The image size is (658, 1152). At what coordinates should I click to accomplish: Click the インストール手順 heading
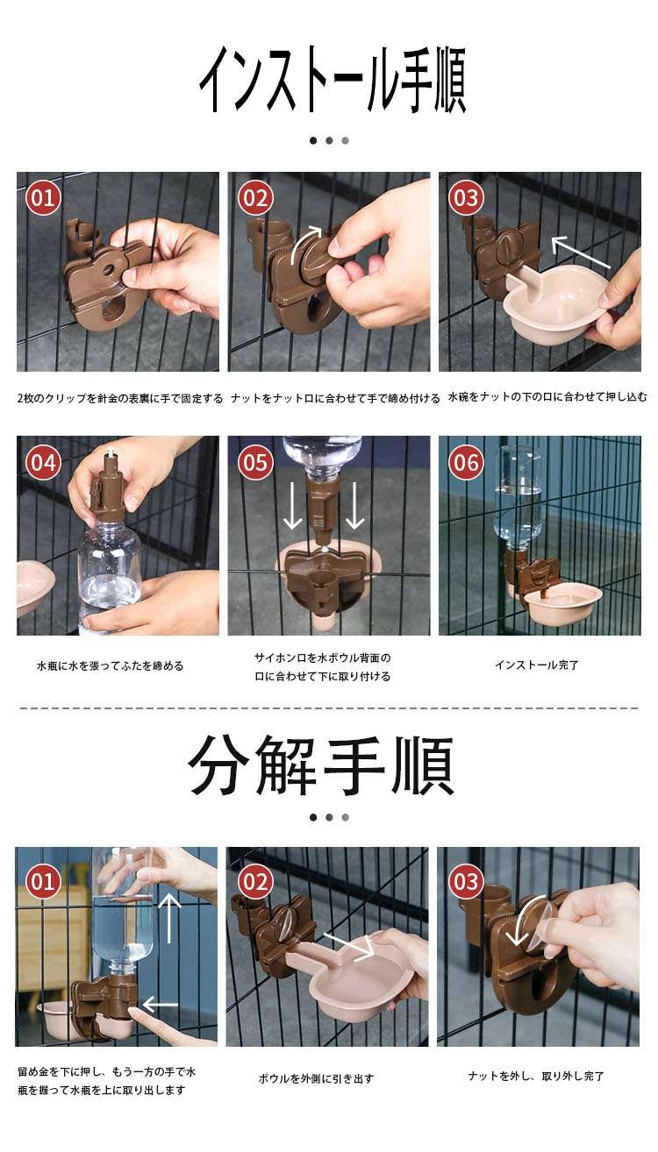(333, 80)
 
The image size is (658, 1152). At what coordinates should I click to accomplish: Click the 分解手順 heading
(321, 764)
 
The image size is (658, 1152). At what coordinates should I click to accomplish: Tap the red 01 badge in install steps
(43, 197)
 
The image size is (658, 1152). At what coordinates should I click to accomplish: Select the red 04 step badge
(43, 462)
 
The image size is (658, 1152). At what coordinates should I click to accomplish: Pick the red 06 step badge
(466, 462)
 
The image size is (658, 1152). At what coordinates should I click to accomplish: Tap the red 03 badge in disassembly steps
(466, 881)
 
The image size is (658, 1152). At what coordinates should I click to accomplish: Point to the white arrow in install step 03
(580, 252)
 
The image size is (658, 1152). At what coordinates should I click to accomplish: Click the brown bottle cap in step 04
(109, 487)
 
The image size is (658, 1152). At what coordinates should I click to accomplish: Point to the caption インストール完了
(537, 665)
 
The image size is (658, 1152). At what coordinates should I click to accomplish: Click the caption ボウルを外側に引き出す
(316, 1078)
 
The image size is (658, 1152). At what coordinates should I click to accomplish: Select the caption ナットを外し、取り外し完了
(535, 1076)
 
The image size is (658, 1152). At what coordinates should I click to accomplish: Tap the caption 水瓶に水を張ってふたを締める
(110, 666)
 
